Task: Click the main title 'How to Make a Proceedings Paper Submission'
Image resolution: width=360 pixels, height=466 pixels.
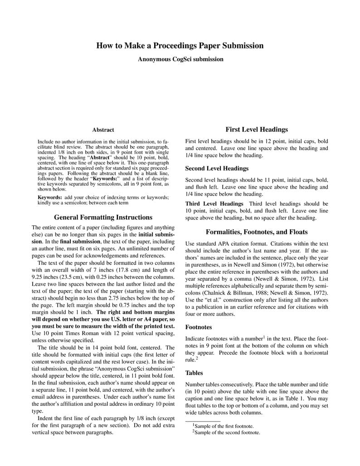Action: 180,45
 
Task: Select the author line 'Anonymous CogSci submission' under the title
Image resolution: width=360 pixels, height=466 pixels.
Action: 180,59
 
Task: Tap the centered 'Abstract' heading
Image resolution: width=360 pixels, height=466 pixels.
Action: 103,130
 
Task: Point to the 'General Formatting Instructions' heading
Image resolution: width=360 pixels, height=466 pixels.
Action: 103,217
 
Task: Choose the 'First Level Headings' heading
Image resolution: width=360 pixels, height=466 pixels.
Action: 257,130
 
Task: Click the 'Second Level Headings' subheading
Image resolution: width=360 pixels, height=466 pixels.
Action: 217,168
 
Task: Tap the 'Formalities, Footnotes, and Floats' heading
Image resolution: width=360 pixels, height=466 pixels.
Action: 257,232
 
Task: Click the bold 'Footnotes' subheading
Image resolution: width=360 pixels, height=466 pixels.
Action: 199,327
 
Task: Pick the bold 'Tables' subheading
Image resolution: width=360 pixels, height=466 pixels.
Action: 194,373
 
